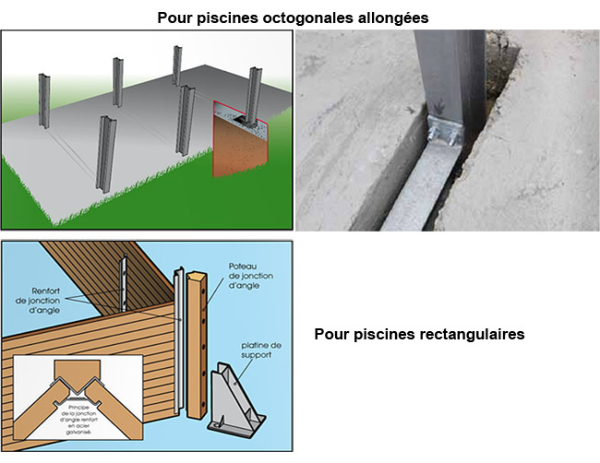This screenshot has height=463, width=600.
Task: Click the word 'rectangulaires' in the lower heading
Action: coord(473,334)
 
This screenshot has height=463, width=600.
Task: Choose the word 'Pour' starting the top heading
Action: coord(174,18)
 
